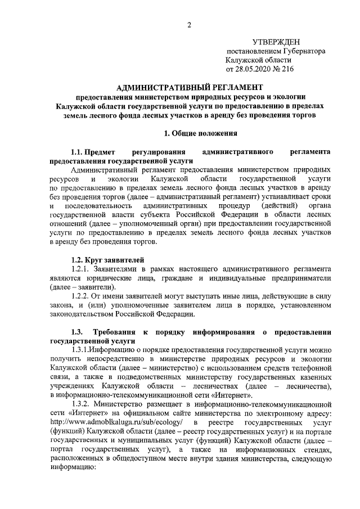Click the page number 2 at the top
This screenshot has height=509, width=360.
tap(190, 24)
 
